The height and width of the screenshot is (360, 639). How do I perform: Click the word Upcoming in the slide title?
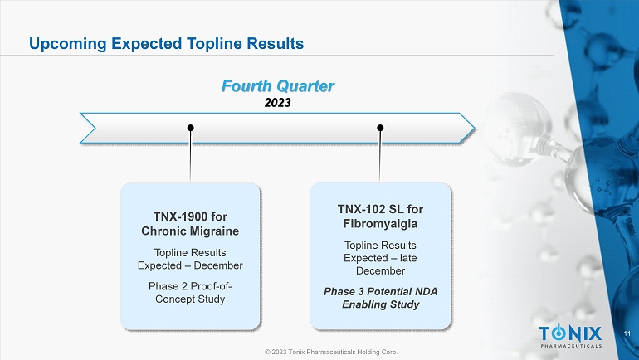click(x=68, y=44)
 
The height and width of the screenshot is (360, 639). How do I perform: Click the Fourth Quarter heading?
click(x=278, y=86)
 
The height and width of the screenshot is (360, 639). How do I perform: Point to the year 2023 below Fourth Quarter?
click(x=277, y=102)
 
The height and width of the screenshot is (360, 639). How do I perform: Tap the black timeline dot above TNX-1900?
click(x=190, y=128)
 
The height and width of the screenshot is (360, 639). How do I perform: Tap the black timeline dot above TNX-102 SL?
click(x=380, y=128)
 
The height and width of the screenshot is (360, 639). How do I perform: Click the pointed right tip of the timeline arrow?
click(x=474, y=129)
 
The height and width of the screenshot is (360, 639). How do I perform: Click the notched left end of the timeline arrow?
click(x=95, y=129)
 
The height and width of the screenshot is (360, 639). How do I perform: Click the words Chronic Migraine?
click(x=190, y=231)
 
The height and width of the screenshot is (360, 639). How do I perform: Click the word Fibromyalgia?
click(x=380, y=224)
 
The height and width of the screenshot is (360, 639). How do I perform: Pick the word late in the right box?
click(x=408, y=258)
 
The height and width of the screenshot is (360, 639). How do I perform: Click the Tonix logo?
click(x=571, y=336)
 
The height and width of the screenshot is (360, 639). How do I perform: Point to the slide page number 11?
click(x=627, y=333)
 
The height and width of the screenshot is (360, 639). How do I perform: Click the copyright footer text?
click(x=331, y=352)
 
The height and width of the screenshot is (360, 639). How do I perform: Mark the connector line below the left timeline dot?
click(x=190, y=157)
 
